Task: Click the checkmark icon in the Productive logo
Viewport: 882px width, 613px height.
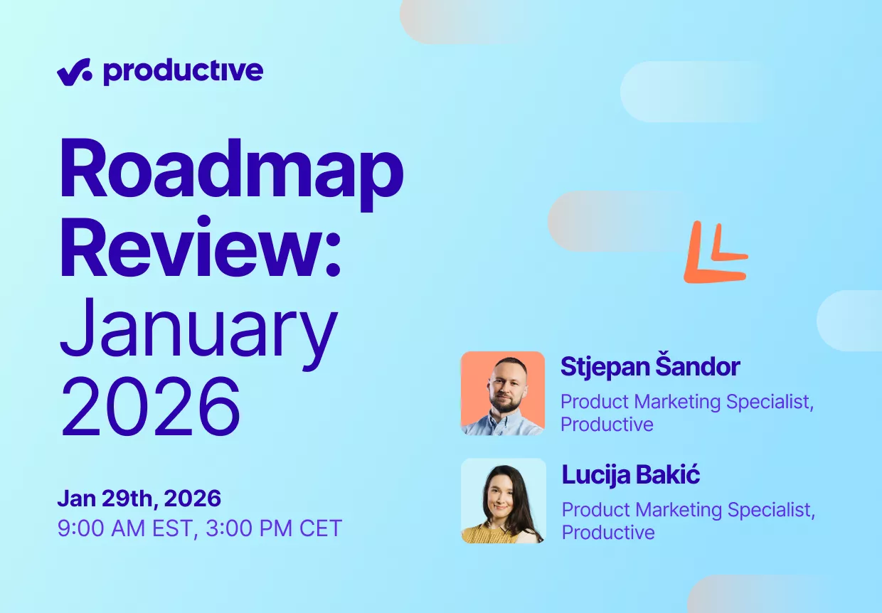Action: tap(75, 72)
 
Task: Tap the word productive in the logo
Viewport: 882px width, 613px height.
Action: tap(183, 73)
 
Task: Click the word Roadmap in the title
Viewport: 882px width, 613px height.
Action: tap(232, 174)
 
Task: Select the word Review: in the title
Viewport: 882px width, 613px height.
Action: tap(201, 247)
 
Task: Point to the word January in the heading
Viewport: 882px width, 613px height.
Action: tap(199, 334)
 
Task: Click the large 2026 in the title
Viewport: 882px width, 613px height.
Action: tap(150, 407)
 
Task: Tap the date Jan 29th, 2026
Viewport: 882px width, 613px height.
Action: tap(139, 499)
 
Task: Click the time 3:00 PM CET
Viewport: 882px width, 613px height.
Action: tap(274, 528)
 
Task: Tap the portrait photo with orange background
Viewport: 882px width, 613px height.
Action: tap(503, 393)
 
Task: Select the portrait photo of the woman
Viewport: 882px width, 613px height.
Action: tap(504, 501)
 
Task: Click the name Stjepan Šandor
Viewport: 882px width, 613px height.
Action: tap(650, 366)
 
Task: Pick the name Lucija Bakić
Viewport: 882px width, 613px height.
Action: tap(631, 474)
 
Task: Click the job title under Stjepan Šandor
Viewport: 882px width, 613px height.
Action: tap(687, 413)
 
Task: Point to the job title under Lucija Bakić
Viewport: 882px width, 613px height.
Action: tap(689, 521)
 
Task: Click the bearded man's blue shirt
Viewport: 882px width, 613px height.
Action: tap(504, 424)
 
